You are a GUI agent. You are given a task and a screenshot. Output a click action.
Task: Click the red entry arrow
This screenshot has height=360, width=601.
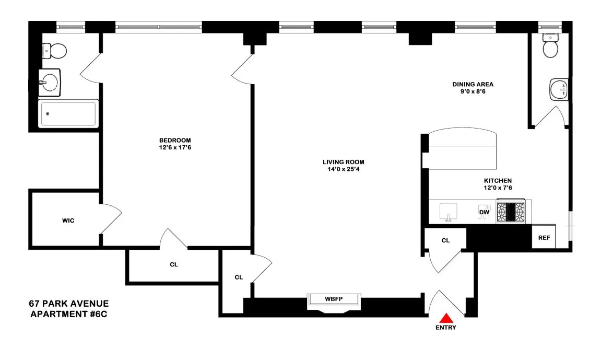tap(446, 318)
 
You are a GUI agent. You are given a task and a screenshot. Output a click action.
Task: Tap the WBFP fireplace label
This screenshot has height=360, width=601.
tap(334, 299)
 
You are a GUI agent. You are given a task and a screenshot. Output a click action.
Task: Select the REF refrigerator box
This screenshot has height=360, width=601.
tap(544, 238)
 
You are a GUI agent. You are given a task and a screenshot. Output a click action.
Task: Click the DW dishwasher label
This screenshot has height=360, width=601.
tap(484, 212)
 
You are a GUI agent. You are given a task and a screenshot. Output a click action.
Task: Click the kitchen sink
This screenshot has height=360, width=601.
tap(448, 212)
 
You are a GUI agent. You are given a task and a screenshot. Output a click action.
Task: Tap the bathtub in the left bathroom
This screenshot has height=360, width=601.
tap(67, 114)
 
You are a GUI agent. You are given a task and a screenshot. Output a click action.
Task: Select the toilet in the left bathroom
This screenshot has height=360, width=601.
tap(54, 51)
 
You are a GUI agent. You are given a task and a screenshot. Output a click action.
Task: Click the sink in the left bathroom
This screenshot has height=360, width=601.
tap(50, 83)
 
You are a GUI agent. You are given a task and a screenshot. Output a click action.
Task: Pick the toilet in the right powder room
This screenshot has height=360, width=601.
tap(551, 47)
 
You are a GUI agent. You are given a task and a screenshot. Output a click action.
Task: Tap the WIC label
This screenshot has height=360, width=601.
tap(68, 220)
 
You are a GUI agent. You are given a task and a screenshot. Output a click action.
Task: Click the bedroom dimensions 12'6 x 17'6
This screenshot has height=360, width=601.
tap(175, 148)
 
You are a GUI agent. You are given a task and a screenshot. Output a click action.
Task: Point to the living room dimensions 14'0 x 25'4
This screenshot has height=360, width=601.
tap(343, 169)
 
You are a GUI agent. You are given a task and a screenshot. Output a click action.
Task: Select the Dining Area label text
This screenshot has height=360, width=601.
tap(473, 84)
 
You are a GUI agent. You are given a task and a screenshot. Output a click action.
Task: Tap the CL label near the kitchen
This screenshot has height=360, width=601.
tap(445, 241)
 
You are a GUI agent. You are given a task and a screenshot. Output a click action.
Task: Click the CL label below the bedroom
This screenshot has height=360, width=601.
tap(174, 265)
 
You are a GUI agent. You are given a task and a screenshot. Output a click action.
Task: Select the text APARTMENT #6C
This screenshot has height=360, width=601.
tap(69, 314)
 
